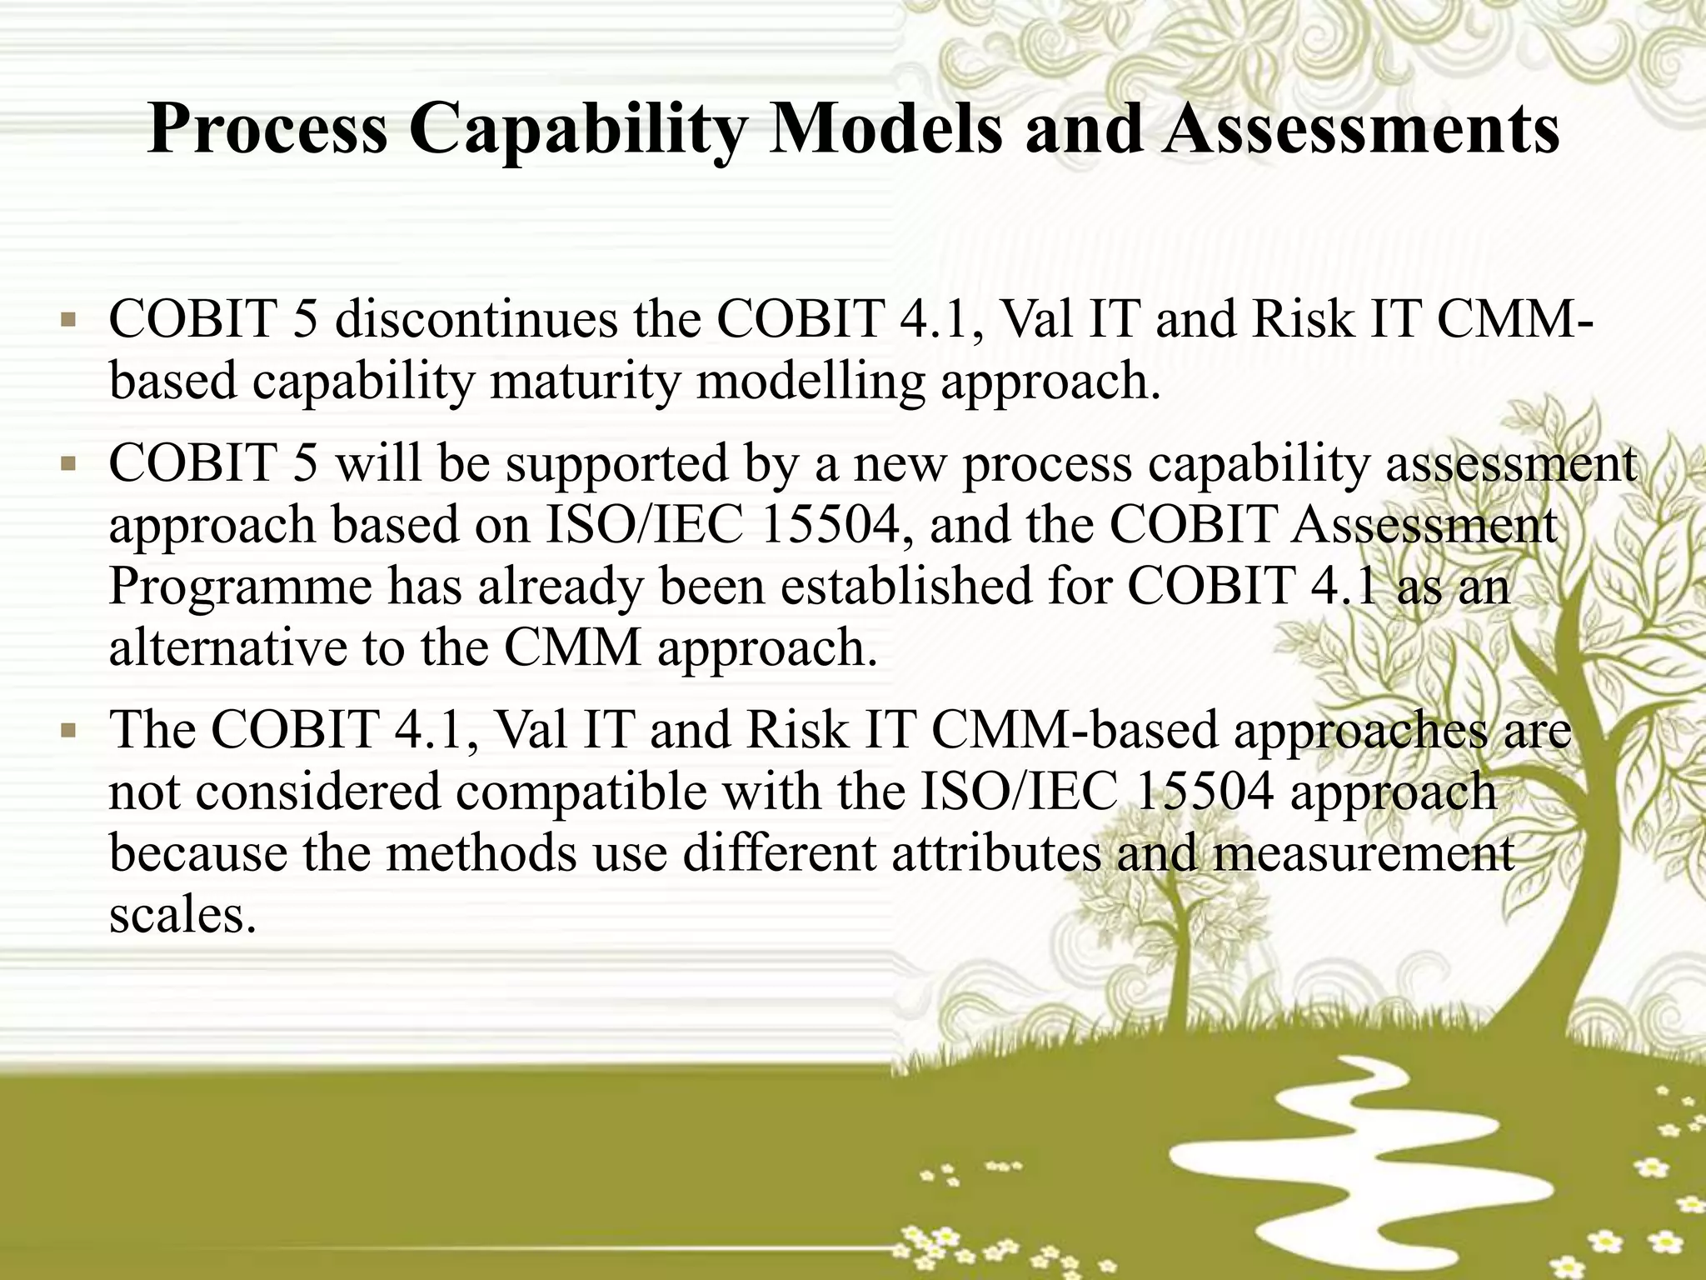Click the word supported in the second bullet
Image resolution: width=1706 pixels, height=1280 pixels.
point(616,463)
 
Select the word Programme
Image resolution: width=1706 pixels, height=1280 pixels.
point(240,587)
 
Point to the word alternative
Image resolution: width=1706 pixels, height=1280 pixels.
point(227,647)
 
